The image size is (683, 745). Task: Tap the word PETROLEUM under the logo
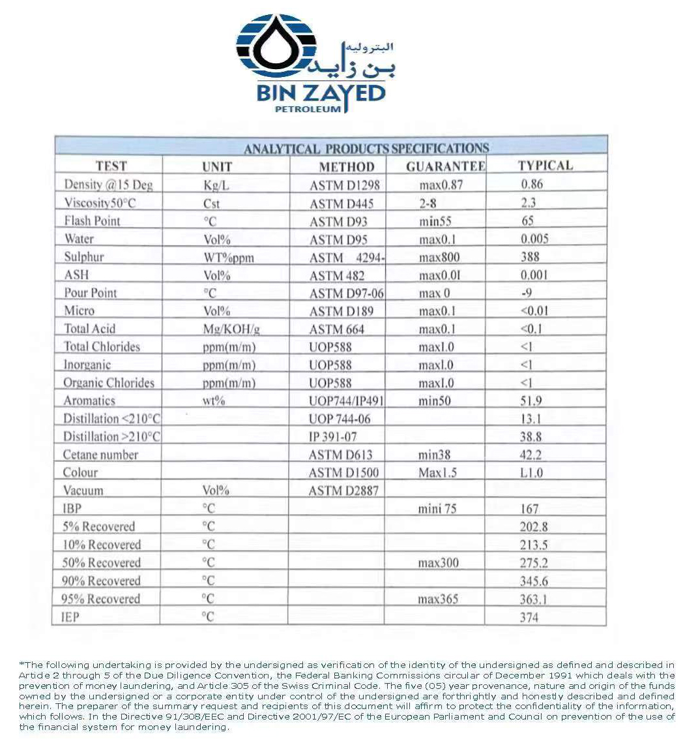tap(308, 109)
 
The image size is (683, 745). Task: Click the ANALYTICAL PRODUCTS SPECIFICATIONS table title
tap(366, 148)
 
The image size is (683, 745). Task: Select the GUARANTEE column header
tap(445, 166)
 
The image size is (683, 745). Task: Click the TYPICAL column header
tap(545, 165)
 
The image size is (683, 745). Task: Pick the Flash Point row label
tap(92, 220)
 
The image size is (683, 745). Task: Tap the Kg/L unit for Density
tap(216, 185)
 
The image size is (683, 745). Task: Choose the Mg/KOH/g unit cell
tap(231, 329)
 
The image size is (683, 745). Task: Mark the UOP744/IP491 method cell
tap(346, 401)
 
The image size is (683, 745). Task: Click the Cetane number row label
tap(100, 455)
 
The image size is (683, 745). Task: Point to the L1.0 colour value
tap(531, 472)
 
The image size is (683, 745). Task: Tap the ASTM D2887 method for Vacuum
tap(343, 491)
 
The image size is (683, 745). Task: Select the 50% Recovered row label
tap(101, 563)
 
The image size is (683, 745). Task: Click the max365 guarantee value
tap(438, 599)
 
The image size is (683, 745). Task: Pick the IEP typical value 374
tap(529, 617)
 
